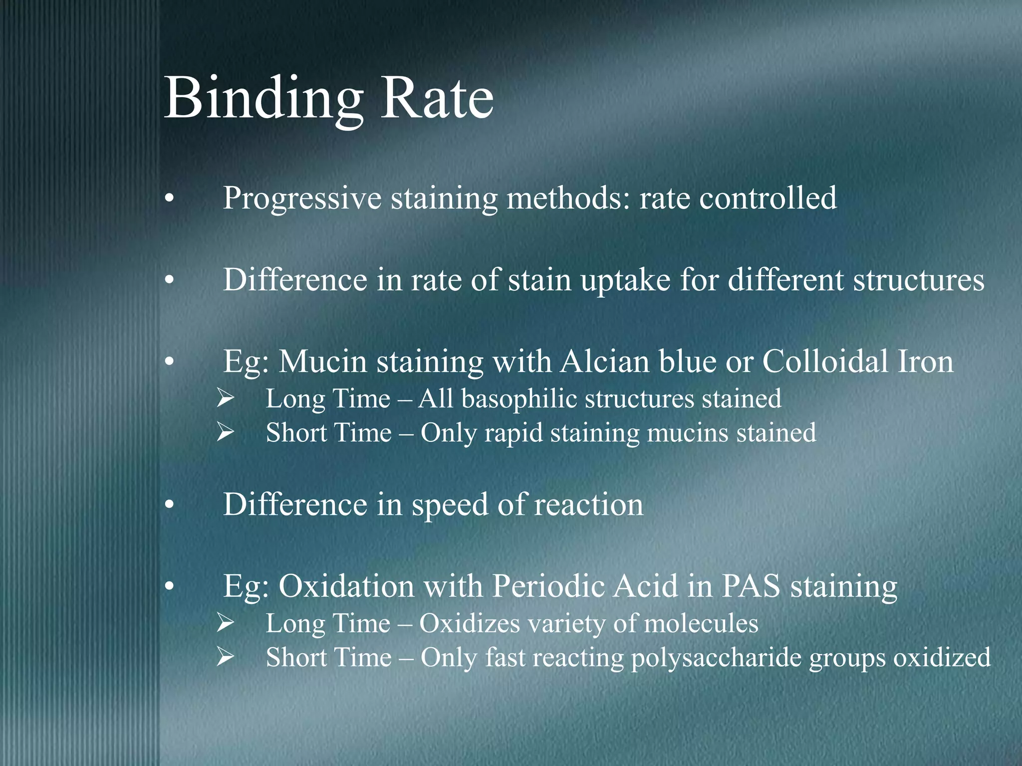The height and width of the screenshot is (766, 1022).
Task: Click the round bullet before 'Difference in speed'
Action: coord(170,506)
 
